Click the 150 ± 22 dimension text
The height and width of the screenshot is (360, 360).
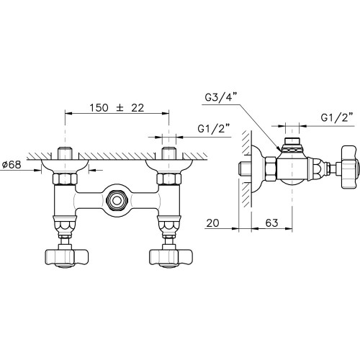pyautogui.click(x=117, y=108)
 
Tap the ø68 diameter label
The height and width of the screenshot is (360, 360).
pyautogui.click(x=12, y=165)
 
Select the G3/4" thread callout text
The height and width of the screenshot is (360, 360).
pyautogui.click(x=221, y=97)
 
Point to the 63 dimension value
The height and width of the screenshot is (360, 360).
pyautogui.click(x=271, y=223)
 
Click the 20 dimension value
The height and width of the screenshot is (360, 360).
pyautogui.click(x=212, y=223)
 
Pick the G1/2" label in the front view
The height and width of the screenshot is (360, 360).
pyautogui.click(x=214, y=129)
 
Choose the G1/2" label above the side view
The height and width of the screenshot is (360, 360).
pyautogui.click(x=337, y=117)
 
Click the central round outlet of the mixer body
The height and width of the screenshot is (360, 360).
pyautogui.click(x=117, y=201)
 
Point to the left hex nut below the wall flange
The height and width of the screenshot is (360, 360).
pyautogui.click(x=65, y=179)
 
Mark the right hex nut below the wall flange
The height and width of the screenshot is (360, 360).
pyautogui.click(x=169, y=179)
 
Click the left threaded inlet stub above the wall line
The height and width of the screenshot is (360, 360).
pyautogui.click(x=65, y=153)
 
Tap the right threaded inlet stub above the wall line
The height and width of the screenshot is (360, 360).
pyautogui.click(x=169, y=153)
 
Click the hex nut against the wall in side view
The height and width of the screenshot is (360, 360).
pyautogui.click(x=271, y=168)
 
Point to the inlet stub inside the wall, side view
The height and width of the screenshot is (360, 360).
pyautogui.click(x=245, y=168)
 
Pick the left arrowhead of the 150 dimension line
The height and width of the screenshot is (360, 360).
pyautogui.click(x=68, y=113)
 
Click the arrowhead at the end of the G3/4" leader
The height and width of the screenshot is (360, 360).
pyautogui.click(x=279, y=150)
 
